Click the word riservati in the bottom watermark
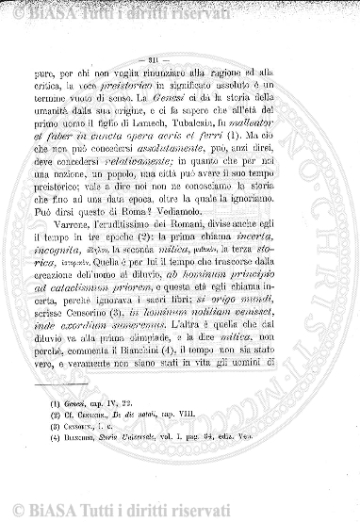point(147,513)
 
